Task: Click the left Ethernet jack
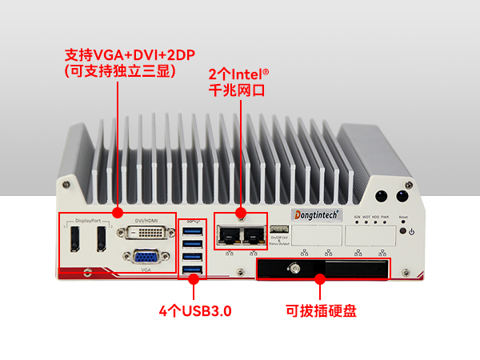[230, 234]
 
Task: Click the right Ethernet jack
[254, 234]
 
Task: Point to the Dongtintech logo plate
[318, 214]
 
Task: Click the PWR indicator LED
[385, 222]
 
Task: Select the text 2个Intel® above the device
[238, 74]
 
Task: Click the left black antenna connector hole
[382, 196]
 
